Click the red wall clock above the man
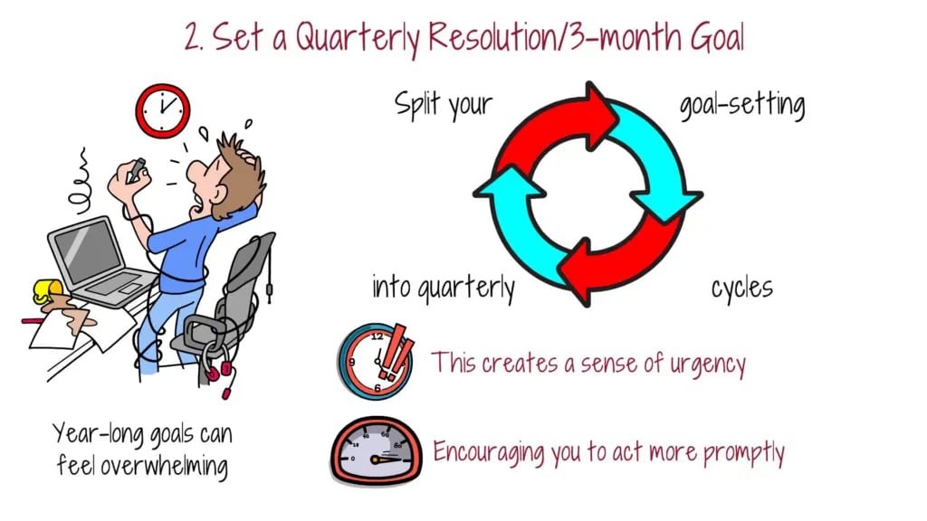pos(163,110)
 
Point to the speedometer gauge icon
pos(377,451)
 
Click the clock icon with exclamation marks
pos(376,360)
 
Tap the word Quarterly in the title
pos(357,38)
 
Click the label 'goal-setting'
pos(742,105)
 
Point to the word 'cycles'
pos(742,288)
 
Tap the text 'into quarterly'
pos(444,288)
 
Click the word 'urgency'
pos(707,365)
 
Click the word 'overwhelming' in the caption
pos(164,466)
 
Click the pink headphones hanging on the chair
pos(219,367)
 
